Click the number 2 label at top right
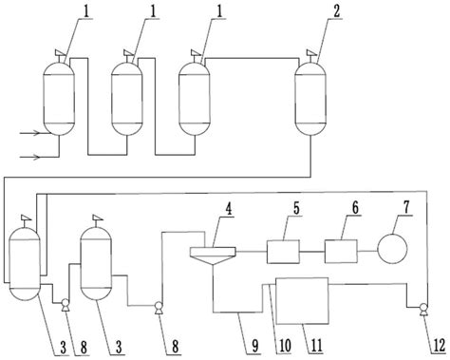click(336, 11)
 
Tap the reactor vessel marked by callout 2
click(310, 99)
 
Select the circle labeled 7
click(392, 248)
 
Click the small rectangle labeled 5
click(283, 252)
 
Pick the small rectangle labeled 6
click(341, 252)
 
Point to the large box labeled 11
click(302, 301)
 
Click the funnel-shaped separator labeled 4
click(213, 256)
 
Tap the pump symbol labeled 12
click(422, 308)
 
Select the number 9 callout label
click(255, 346)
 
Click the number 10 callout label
click(284, 346)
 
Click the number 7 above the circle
click(406, 207)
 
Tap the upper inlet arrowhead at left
click(36, 133)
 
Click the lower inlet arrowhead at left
click(36, 157)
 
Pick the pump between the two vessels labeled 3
click(66, 305)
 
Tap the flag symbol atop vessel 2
click(311, 52)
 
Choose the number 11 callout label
click(315, 346)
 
